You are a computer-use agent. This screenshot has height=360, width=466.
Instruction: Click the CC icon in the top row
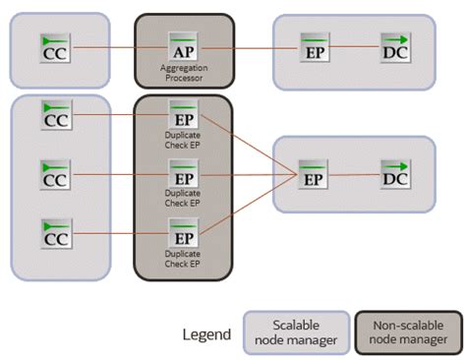coord(55,47)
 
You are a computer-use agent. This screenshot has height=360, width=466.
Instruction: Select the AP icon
coord(183,47)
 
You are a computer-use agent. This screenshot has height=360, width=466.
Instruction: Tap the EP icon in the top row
coord(315,47)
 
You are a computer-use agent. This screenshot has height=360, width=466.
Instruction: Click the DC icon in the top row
coord(395,47)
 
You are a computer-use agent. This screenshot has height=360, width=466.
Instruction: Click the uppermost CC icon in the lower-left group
coord(55,115)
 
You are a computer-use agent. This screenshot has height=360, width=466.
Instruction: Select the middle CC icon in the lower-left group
coord(55,176)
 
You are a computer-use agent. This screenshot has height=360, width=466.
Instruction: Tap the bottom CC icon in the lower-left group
coord(55,235)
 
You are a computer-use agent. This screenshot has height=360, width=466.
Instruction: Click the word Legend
coord(207,334)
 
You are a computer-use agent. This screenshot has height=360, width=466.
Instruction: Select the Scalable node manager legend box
coord(296,333)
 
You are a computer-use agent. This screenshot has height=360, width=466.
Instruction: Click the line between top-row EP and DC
coord(355,47)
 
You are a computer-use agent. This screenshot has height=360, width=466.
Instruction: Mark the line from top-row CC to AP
coord(118,47)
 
